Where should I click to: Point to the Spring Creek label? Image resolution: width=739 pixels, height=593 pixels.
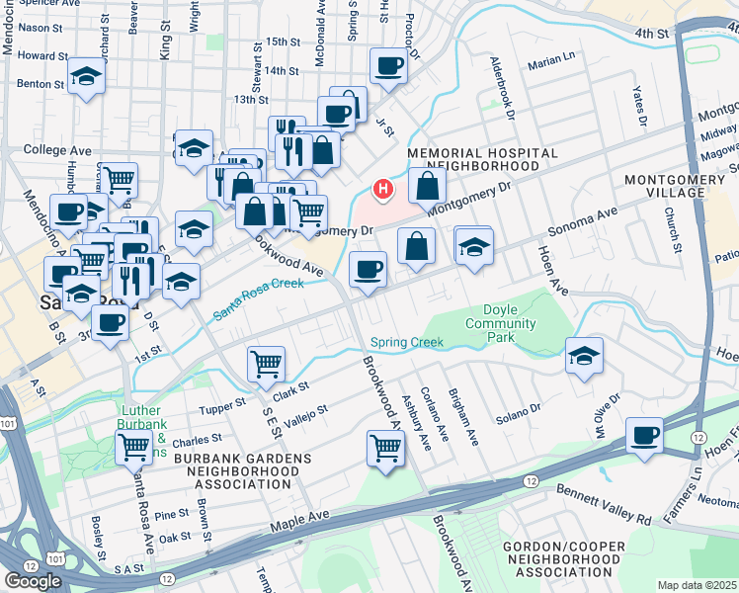407,343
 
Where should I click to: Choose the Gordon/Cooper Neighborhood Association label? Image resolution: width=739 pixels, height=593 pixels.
562,559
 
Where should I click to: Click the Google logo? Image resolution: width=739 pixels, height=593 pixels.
33,580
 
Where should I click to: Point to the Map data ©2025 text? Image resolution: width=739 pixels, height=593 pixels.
698,585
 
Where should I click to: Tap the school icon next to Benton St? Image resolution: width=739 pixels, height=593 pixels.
86,76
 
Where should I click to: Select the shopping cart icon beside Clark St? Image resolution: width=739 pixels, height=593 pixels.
266,362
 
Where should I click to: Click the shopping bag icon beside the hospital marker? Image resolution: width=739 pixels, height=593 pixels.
427,184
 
